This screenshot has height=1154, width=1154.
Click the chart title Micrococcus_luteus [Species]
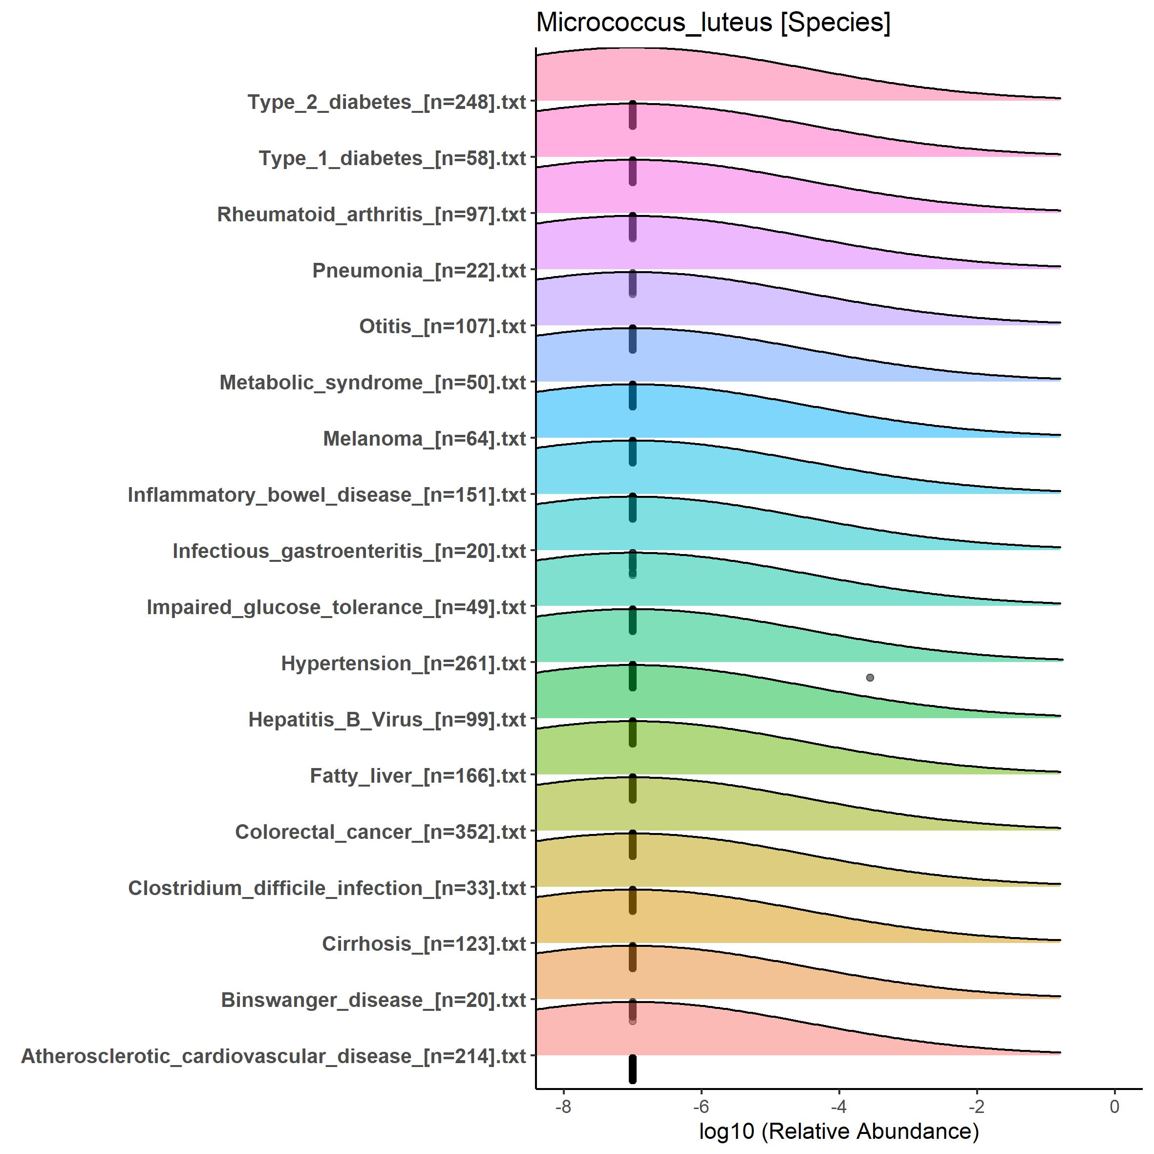tap(713, 22)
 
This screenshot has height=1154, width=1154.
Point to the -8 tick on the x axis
tap(563, 1107)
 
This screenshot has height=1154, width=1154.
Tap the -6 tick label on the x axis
tap(701, 1107)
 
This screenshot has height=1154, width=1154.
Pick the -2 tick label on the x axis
tap(977, 1107)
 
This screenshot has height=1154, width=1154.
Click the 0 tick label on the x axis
tap(1114, 1107)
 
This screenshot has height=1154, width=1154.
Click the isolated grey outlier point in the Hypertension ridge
tap(870, 677)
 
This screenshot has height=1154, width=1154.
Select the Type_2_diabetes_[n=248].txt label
tap(386, 102)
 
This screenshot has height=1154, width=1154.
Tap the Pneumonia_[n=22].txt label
tap(419, 271)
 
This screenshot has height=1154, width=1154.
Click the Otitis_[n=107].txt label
tap(442, 327)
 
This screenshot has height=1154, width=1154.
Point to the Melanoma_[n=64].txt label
tap(424, 439)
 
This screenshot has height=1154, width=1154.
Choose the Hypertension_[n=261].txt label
tap(403, 663)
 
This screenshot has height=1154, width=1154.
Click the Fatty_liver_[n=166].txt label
tap(418, 776)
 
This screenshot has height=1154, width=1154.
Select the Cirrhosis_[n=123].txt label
tap(424, 944)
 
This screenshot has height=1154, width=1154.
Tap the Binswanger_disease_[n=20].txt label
tap(373, 1001)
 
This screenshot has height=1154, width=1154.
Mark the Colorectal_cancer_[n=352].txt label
tap(381, 832)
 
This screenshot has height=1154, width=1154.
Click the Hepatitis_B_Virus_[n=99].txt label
tap(387, 720)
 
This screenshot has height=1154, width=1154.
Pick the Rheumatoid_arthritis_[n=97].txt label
tap(371, 214)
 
